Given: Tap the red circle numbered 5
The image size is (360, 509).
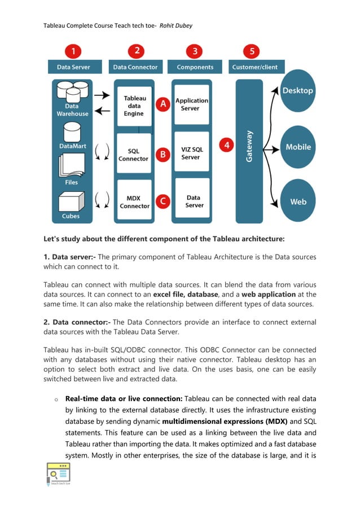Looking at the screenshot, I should (252, 52).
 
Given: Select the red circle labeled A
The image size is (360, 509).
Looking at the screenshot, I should (163, 104).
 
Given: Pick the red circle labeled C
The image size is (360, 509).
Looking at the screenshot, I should (163, 201).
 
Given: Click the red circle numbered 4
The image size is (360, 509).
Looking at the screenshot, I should (227, 144).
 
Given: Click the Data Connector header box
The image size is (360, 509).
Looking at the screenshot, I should (135, 67).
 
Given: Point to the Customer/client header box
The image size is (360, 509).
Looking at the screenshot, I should (255, 67).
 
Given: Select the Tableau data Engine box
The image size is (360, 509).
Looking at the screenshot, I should (134, 106).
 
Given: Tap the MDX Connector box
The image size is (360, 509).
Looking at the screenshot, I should (134, 201).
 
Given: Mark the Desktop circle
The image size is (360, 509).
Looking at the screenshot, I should (298, 91).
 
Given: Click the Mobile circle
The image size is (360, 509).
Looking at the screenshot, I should (298, 147).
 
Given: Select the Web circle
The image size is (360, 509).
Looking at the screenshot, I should (298, 201).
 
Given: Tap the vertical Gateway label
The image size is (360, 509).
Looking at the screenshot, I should (249, 147).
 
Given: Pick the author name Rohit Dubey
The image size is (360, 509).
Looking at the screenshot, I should (179, 26).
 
